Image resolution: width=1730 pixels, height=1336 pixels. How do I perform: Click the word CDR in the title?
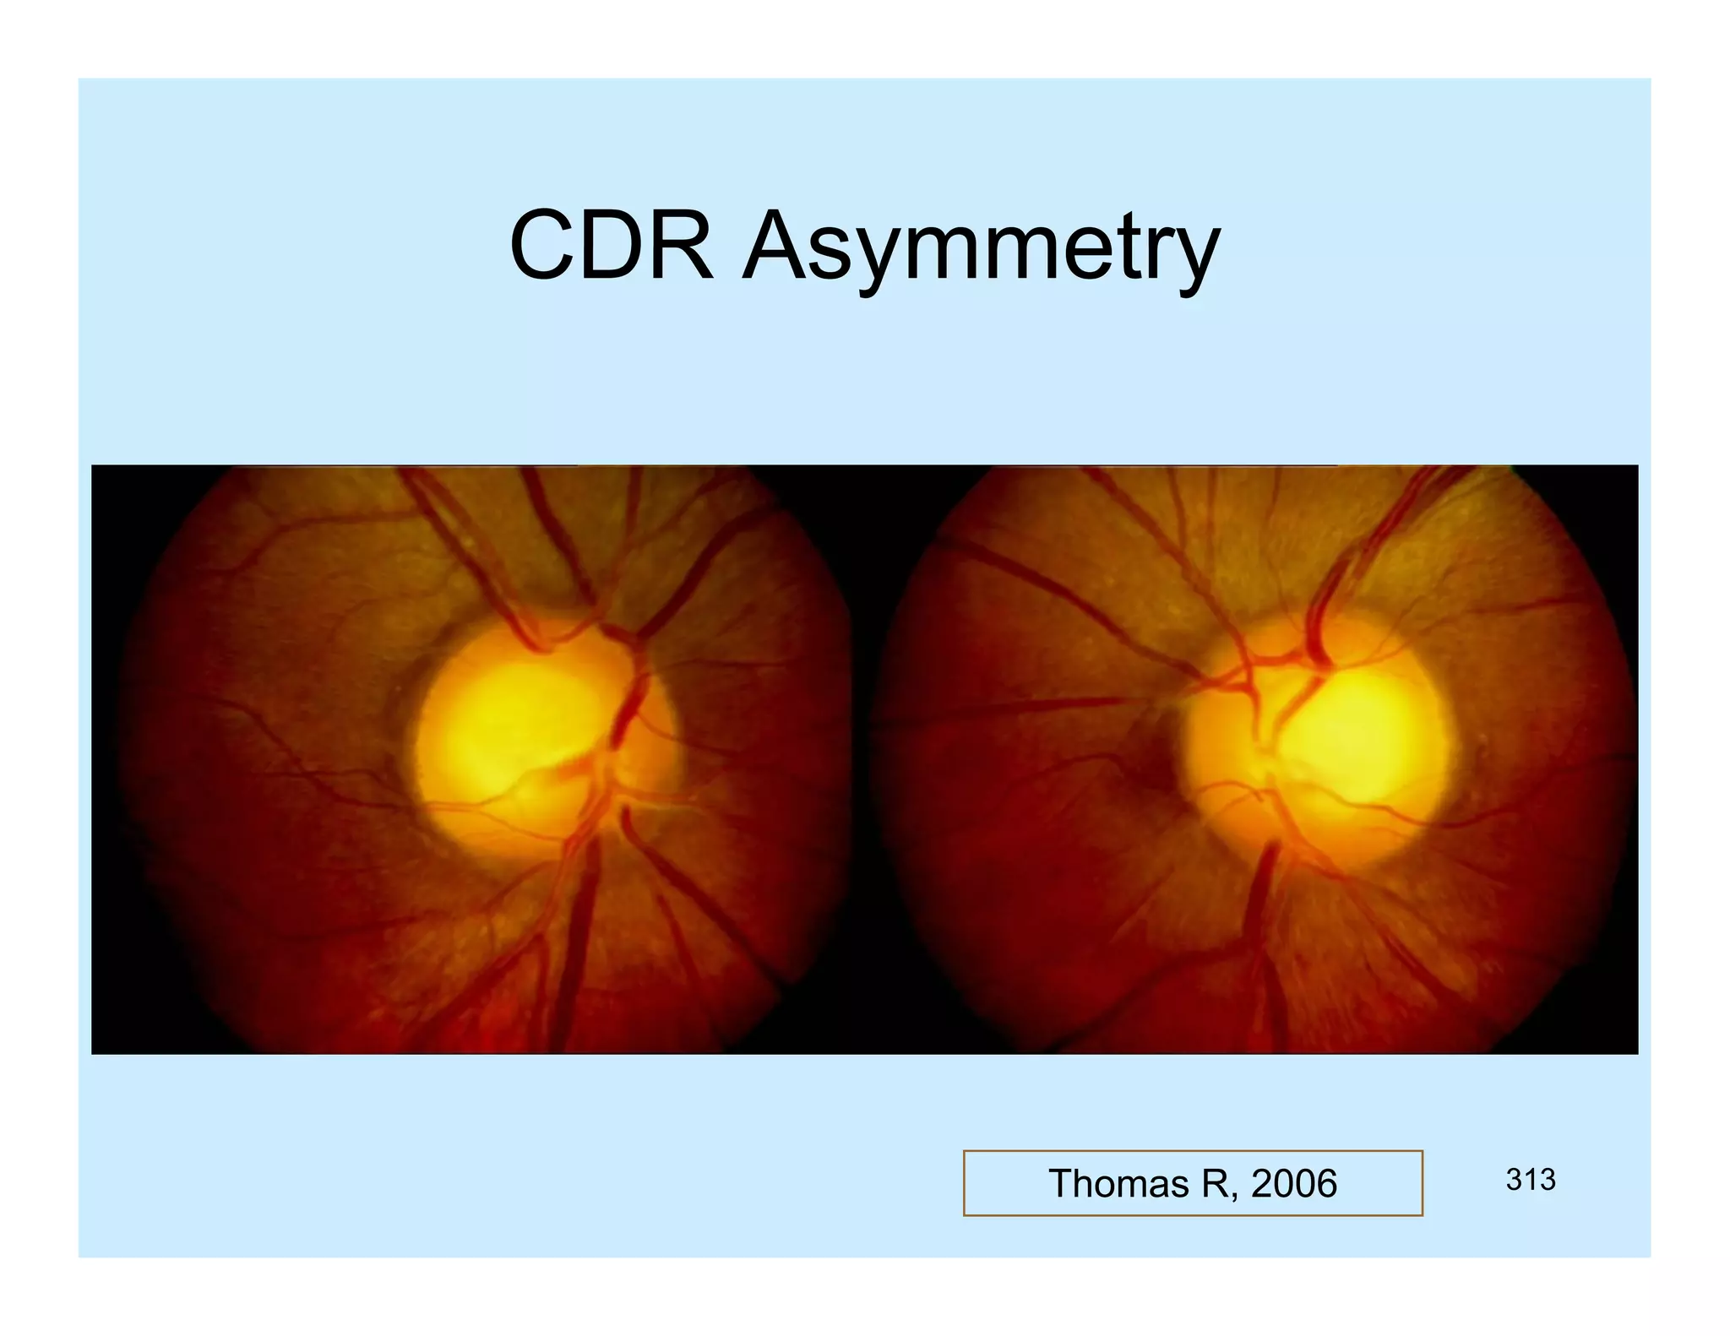(x=611, y=247)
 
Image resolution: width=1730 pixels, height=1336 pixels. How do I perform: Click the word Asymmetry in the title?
(x=980, y=249)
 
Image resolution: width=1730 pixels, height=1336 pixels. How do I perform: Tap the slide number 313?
(x=1530, y=1180)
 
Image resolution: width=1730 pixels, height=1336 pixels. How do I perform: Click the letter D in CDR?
(x=612, y=247)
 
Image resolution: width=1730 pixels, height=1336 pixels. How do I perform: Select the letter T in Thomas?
(x=1062, y=1183)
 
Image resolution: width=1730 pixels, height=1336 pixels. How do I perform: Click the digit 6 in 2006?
(x=1326, y=1183)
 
